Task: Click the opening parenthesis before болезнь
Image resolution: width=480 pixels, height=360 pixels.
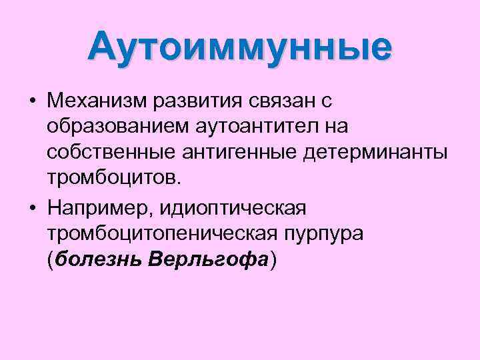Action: (x=51, y=259)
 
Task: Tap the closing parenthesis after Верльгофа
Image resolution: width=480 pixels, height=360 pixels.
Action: (x=271, y=259)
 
